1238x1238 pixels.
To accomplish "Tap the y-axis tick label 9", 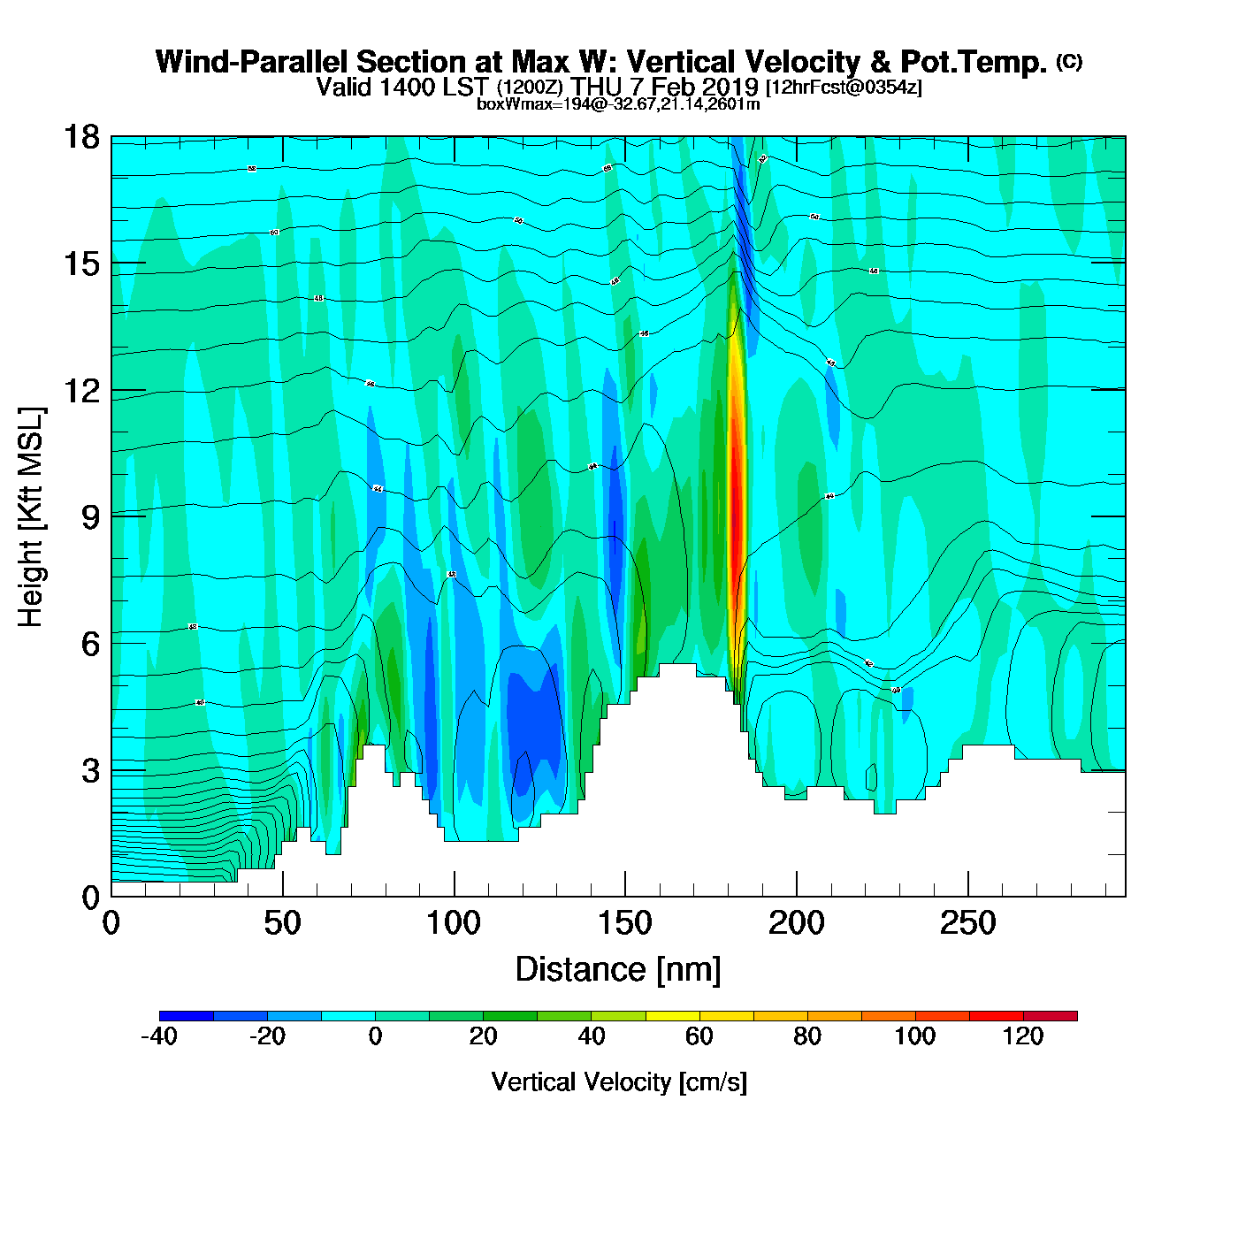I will pyautogui.click(x=90, y=517).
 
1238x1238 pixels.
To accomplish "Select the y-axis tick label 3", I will pyautogui.click(x=90, y=770).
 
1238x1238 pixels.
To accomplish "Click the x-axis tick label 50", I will pyautogui.click(x=282, y=924).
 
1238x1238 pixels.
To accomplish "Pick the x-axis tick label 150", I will pyautogui.click(x=625, y=924).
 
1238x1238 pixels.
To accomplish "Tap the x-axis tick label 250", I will pyautogui.click(x=967, y=924).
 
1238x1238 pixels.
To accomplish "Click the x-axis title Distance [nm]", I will pyautogui.click(x=618, y=970).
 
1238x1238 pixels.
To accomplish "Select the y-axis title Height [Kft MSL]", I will pyautogui.click(x=31, y=517).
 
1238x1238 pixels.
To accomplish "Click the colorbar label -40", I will pyautogui.click(x=159, y=1036).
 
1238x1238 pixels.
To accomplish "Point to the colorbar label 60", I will pyautogui.click(x=699, y=1036).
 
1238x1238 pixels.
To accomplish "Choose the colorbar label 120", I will pyautogui.click(x=1023, y=1036).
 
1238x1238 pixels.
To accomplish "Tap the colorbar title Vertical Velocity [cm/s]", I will pyautogui.click(x=619, y=1082).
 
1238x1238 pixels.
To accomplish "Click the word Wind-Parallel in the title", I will pyautogui.click(x=253, y=62).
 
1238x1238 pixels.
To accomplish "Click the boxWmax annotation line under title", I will pyautogui.click(x=618, y=103).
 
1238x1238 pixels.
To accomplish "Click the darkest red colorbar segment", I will pyautogui.click(x=1051, y=1016).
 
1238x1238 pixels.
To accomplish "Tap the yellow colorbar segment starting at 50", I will pyautogui.click(x=673, y=1016).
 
